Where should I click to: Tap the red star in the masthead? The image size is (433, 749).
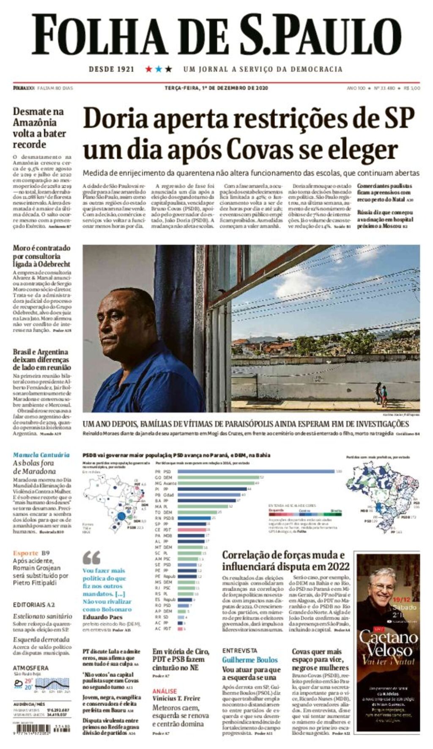[149, 69]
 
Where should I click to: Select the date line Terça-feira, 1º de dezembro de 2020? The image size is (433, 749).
[216, 88]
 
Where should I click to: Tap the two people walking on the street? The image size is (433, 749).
[381, 394]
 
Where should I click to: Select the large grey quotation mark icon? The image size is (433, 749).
[91, 558]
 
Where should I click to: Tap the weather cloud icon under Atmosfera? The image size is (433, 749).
[18, 683]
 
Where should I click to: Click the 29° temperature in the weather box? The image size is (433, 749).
[28, 681]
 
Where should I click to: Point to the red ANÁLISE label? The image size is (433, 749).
[164, 691]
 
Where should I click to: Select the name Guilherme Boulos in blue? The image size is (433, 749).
[250, 659]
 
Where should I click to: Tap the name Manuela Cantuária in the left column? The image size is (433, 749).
[41, 455]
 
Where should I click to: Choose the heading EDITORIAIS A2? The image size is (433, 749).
[34, 605]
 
